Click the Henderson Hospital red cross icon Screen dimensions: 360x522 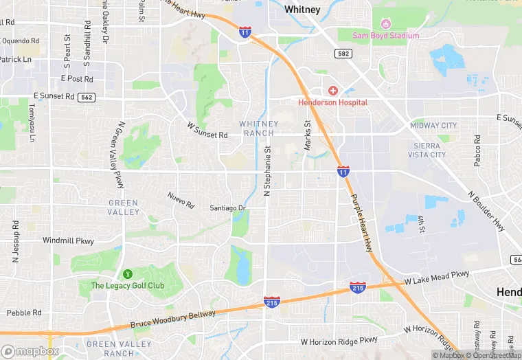coord(332,91)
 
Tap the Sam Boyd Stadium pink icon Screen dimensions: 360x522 coord(385,25)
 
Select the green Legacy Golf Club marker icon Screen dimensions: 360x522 coord(127,275)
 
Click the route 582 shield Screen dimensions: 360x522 coord(343,53)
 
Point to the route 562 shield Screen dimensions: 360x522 coord(87,98)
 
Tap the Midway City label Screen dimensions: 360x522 coord(433,126)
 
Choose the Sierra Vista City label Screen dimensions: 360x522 coord(430,150)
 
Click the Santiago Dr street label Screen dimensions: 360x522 coord(228,208)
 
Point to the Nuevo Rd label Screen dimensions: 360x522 coord(181,197)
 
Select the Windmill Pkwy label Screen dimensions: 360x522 coord(68,241)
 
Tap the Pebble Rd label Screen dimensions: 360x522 coord(24,313)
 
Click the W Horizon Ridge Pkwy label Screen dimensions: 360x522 coord(339,341)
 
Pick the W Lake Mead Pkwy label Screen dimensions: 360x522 coord(437,277)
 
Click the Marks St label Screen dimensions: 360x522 coord(308,135)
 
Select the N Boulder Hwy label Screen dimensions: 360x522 coord(489,210)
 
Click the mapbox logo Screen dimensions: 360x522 coord(30,350)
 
